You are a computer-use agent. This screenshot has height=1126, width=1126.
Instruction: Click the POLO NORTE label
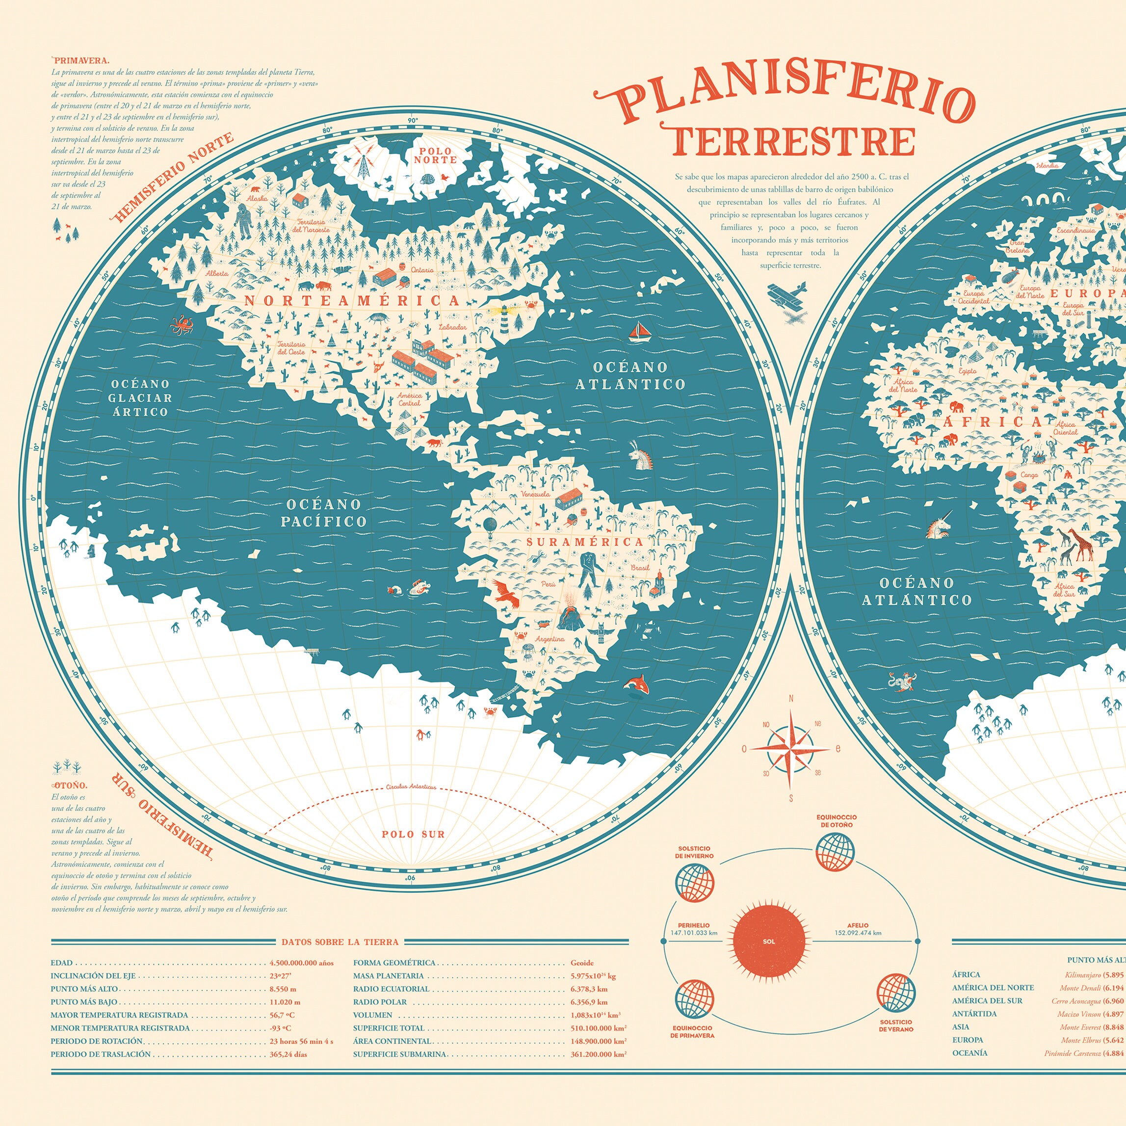[435, 155]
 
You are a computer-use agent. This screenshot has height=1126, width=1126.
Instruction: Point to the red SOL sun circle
[769, 941]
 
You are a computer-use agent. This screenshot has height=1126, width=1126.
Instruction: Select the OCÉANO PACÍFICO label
[323, 513]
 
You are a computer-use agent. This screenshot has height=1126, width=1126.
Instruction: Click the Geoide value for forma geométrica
[582, 963]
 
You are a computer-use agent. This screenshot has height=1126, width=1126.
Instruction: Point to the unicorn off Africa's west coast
[938, 525]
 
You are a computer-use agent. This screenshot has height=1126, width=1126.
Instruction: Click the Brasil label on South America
[640, 568]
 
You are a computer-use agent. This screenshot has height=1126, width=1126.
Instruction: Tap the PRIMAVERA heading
[81, 60]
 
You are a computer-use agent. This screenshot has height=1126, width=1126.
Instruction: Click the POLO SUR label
[413, 834]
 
